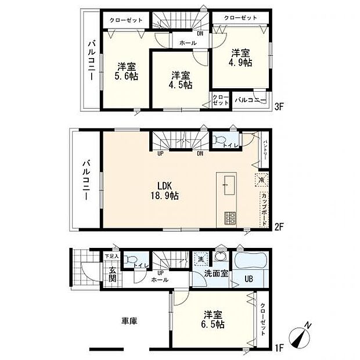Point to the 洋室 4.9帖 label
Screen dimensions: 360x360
click(x=240, y=57)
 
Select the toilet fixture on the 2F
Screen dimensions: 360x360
click(x=218, y=139)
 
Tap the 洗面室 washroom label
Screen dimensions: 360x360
click(x=215, y=274)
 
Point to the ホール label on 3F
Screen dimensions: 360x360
click(x=187, y=42)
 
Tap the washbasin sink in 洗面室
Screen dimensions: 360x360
click(x=221, y=257)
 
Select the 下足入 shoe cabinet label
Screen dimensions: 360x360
click(x=111, y=256)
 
